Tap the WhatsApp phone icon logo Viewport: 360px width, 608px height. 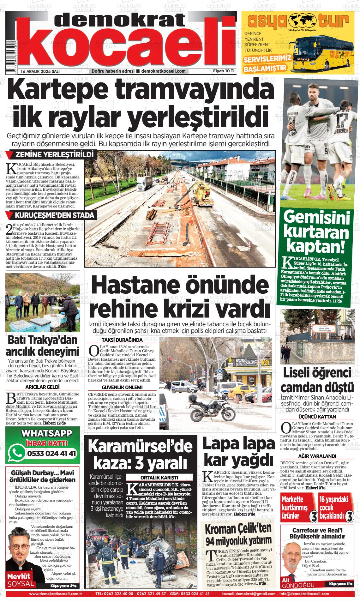[17, 454]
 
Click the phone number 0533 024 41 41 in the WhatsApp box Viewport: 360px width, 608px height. [52, 454]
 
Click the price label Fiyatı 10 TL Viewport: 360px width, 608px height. [224, 71]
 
